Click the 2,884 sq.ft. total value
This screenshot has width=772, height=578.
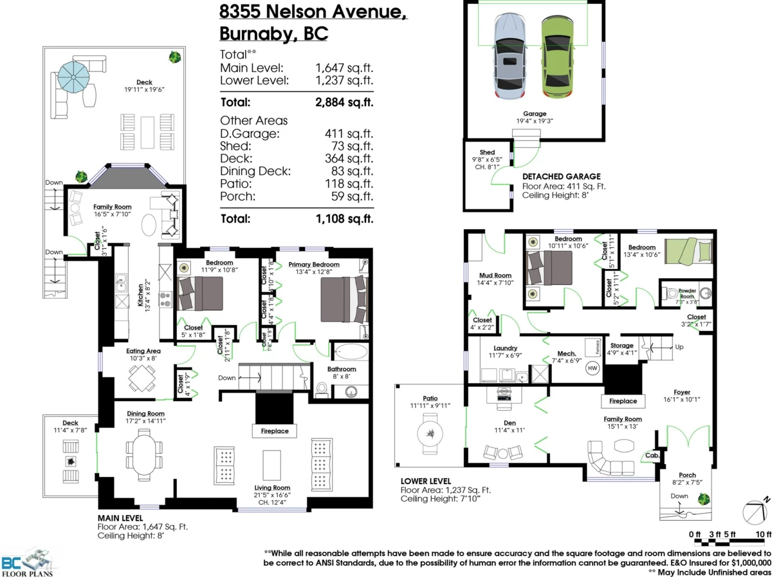[344, 102]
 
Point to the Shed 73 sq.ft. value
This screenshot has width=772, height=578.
[349, 146]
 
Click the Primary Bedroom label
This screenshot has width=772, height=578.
[313, 265]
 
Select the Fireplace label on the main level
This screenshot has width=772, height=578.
[274, 431]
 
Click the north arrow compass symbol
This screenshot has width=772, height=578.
[753, 512]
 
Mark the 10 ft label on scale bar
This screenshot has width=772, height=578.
[762, 534]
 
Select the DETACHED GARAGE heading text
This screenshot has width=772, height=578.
[561, 176]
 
